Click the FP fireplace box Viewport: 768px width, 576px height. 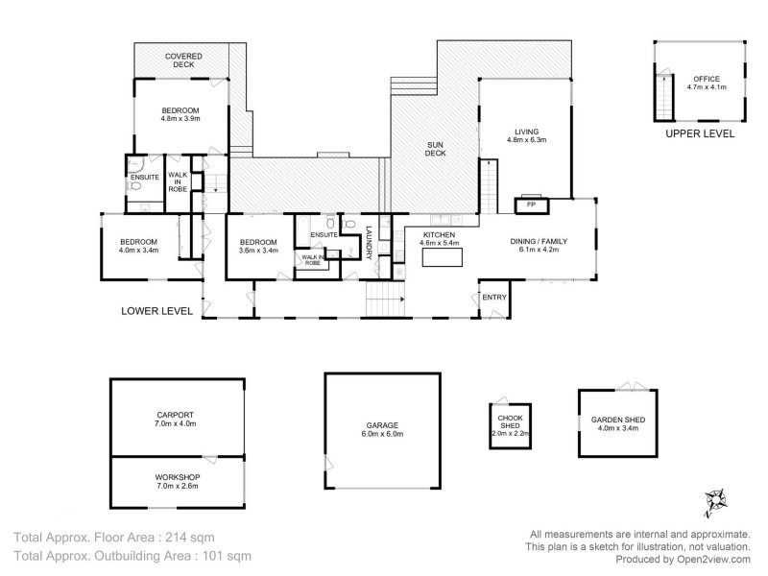[531, 204]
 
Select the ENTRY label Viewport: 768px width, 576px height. [494, 298]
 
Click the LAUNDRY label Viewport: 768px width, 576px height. [369, 243]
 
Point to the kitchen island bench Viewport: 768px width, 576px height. [441, 259]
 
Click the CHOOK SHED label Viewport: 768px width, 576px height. [509, 422]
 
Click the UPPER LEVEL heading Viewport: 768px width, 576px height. [700, 134]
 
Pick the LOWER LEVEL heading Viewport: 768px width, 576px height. [156, 311]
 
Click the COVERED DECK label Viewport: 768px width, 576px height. [182, 61]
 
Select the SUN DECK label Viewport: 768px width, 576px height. [437, 148]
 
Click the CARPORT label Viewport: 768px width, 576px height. [176, 415]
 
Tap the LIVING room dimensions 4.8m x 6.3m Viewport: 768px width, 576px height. [526, 140]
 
